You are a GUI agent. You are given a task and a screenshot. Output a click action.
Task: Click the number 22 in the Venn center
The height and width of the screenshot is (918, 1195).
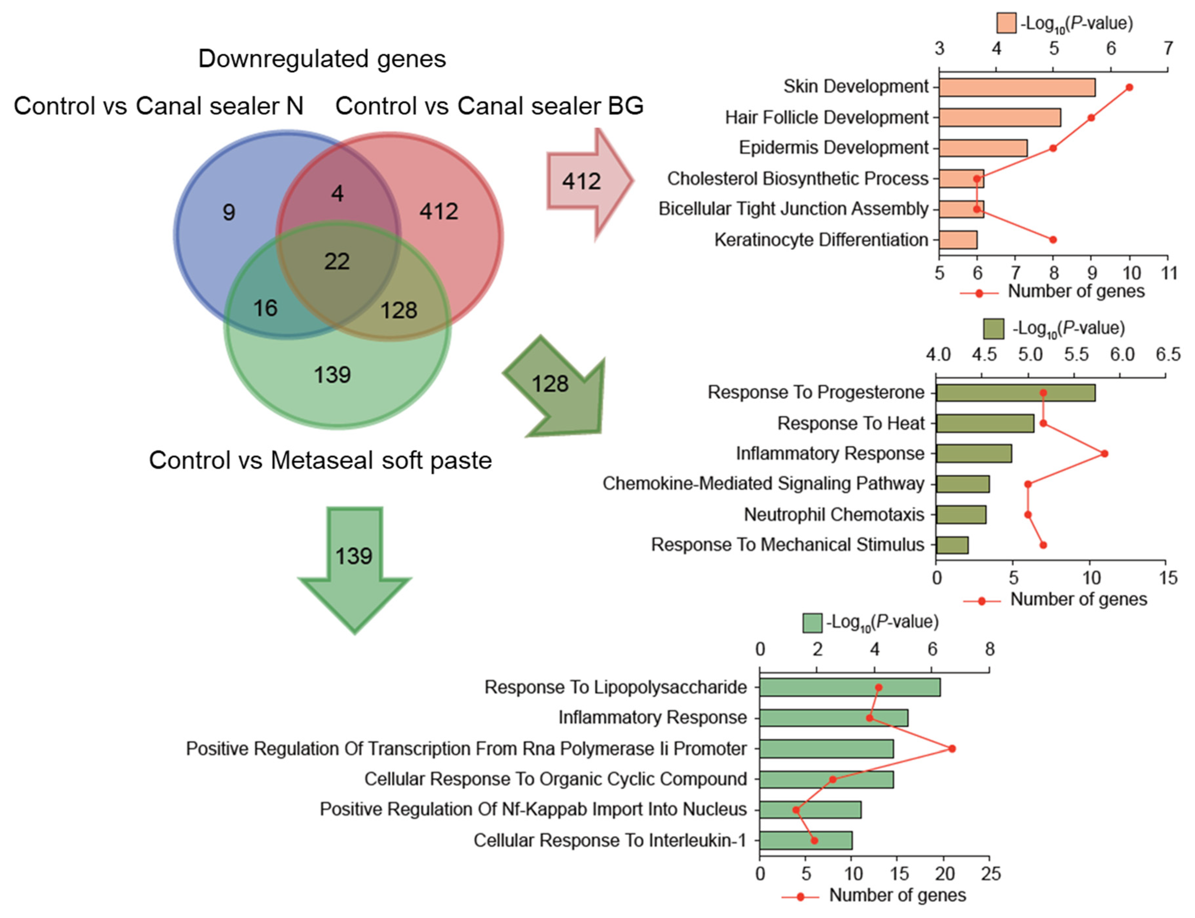click(x=336, y=261)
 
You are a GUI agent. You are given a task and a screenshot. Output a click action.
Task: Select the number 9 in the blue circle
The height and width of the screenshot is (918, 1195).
click(x=228, y=212)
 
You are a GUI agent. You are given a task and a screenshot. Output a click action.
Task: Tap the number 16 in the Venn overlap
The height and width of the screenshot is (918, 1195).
click(x=265, y=308)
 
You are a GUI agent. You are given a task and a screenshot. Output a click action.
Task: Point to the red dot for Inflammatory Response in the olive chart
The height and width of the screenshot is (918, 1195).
click(x=1104, y=453)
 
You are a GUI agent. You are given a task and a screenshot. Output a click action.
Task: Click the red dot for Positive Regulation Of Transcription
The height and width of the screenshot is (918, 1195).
click(x=951, y=749)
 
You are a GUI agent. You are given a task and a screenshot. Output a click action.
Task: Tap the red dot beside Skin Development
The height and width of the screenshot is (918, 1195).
click(x=1129, y=87)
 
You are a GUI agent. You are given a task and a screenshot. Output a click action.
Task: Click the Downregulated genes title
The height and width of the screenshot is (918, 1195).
click(x=322, y=59)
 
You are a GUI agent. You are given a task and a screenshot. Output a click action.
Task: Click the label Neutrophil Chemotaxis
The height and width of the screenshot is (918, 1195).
click(x=834, y=514)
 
